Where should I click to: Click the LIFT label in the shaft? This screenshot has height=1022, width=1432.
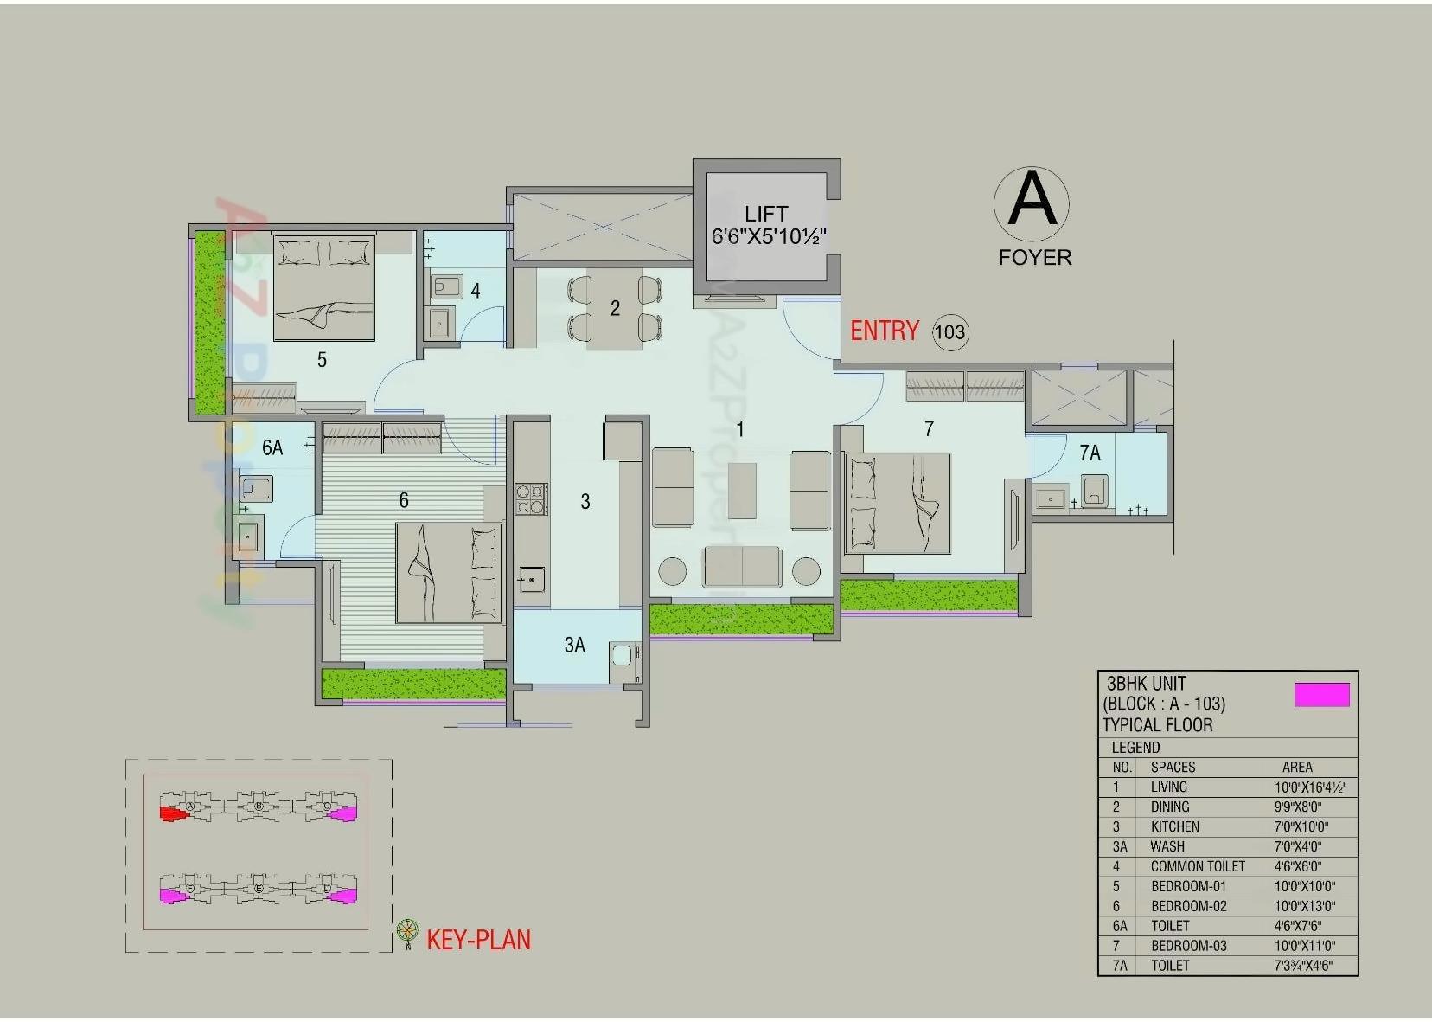click(x=766, y=213)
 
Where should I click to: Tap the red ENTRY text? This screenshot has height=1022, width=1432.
click(x=884, y=331)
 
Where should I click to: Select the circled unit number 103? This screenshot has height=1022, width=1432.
click(x=949, y=332)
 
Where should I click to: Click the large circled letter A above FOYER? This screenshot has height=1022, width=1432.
click(x=1032, y=201)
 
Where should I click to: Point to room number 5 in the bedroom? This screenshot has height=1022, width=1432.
click(x=322, y=360)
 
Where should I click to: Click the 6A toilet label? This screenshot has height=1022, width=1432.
click(x=272, y=447)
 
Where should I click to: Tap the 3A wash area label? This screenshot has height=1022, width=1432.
click(x=574, y=645)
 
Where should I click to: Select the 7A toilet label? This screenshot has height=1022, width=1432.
click(x=1090, y=453)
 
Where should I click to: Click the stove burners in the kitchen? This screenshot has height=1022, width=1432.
click(x=532, y=499)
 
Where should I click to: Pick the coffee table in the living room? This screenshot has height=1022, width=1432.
click(x=742, y=491)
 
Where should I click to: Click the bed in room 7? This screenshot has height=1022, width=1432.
click(x=897, y=503)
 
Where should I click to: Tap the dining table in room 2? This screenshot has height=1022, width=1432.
click(x=615, y=309)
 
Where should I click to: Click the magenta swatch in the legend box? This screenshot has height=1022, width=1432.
click(x=1321, y=695)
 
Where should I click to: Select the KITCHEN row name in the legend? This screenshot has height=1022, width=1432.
click(x=1174, y=826)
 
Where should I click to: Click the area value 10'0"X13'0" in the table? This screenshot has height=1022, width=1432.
click(x=1304, y=906)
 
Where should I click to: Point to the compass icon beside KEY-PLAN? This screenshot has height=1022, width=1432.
click(x=407, y=932)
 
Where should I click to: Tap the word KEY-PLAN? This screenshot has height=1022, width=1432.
click(x=478, y=940)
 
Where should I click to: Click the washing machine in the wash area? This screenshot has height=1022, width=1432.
click(x=622, y=655)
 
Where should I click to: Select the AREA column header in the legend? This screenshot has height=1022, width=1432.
click(x=1296, y=767)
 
